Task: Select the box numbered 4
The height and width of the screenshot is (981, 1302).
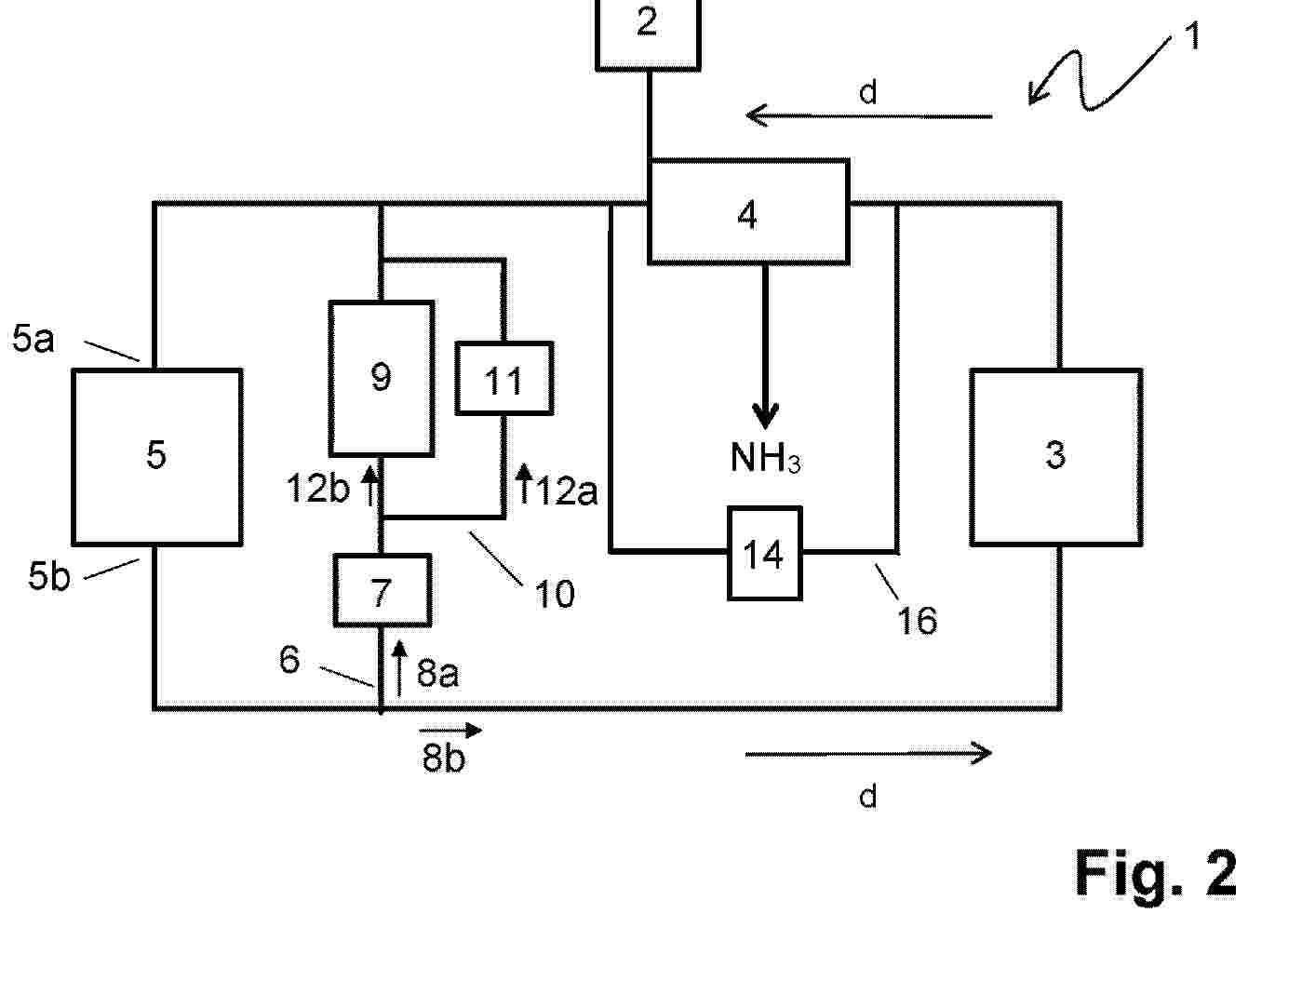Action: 748,211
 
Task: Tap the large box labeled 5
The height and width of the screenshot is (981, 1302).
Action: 157,456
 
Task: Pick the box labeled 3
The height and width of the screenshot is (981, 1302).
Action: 1055,456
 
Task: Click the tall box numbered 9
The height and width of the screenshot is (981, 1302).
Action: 382,378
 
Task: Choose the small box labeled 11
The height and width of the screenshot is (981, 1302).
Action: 504,379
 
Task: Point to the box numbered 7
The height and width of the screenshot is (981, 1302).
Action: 383,591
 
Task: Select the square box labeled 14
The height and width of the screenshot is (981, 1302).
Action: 764,554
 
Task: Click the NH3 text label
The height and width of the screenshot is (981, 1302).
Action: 765,458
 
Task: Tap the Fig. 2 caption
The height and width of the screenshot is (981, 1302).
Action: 1156,873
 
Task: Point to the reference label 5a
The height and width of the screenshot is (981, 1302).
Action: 34,339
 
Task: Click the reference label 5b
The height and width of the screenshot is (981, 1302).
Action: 48,576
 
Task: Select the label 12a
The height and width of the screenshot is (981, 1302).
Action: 566,490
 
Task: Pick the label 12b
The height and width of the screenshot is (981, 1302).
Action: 317,488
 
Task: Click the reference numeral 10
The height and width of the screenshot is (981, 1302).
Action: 555,594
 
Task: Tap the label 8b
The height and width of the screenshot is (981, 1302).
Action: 443,759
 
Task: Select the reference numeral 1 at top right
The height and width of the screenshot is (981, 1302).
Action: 1192,37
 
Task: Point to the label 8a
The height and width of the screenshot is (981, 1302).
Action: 437,672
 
